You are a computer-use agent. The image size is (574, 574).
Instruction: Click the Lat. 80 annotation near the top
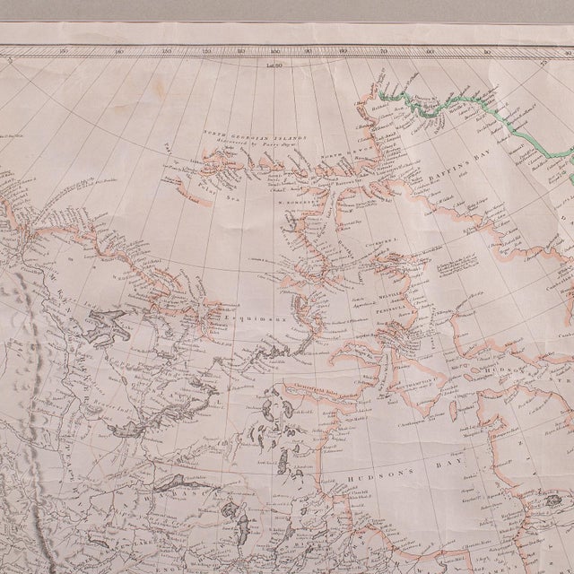click(x=274, y=65)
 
